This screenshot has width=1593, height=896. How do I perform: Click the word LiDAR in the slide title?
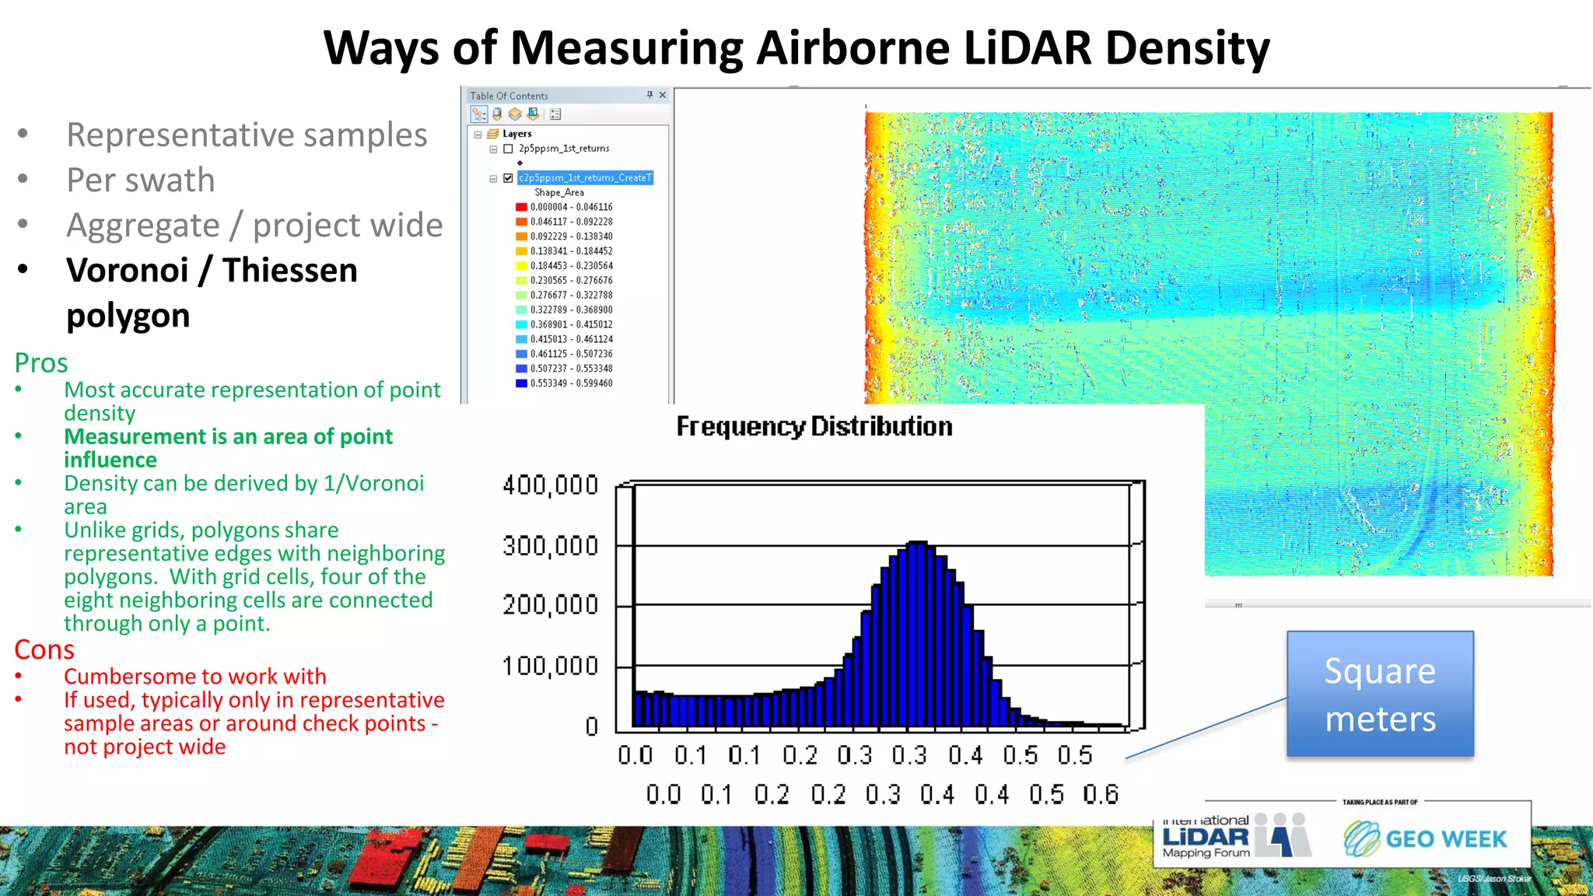(1027, 48)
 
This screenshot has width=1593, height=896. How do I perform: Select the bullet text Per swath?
(141, 180)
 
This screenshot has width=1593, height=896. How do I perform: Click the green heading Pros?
(41, 363)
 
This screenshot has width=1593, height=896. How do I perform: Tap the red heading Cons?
(44, 649)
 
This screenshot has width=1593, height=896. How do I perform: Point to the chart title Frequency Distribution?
(814, 427)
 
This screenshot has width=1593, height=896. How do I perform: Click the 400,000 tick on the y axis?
(551, 485)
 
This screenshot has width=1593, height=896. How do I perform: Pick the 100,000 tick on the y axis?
(551, 667)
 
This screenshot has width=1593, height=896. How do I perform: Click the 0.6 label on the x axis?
(1100, 794)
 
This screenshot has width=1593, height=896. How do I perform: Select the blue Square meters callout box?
(1380, 694)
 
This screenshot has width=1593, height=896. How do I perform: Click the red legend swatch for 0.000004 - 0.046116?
(521, 207)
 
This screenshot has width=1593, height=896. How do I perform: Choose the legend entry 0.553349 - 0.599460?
(571, 383)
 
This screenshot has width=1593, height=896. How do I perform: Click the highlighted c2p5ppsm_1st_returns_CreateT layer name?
(585, 178)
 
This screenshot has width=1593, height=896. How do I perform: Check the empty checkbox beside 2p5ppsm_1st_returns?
(508, 149)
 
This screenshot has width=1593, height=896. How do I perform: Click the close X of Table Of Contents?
(663, 95)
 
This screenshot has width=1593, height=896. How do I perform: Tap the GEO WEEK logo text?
(1445, 839)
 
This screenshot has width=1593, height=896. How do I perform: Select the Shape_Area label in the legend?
(558, 192)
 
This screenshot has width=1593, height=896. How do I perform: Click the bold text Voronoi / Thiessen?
(212, 271)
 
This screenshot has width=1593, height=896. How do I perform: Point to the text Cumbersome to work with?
(194, 677)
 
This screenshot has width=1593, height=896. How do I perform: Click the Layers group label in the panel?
(516, 134)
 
